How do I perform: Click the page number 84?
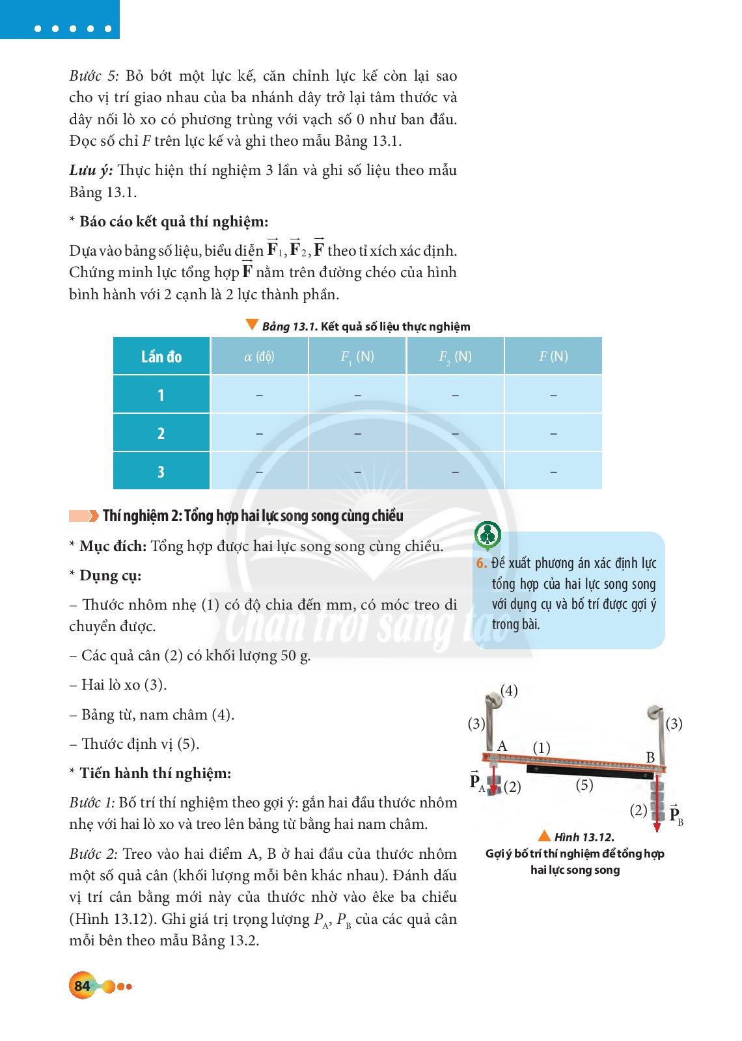pos(82,986)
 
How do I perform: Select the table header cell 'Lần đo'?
pos(161,357)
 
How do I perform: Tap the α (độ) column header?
pos(259,357)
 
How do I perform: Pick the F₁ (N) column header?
pos(357,357)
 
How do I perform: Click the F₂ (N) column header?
pos(455,357)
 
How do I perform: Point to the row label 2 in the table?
pos(161,433)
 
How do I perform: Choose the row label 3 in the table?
pos(161,472)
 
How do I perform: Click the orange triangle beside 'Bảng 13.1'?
pos(251,325)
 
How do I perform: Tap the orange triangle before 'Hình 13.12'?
pos(545,836)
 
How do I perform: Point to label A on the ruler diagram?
pos(502,746)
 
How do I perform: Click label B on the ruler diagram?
pos(650,757)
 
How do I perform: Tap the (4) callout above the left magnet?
pos(509,691)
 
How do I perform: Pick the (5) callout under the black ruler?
pos(584,785)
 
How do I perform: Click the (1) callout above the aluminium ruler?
pos(542,748)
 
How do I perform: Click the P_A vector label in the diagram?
pos(477,782)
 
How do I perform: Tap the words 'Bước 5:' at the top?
pos(94,75)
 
